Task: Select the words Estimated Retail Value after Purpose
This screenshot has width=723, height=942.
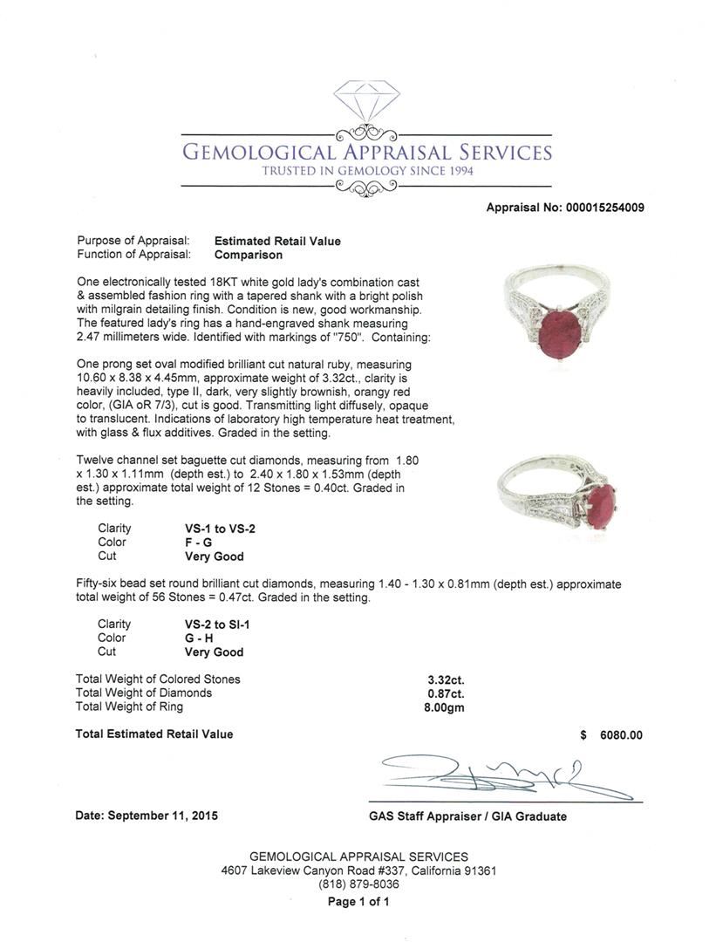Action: point(277,242)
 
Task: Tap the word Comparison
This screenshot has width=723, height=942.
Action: point(249,256)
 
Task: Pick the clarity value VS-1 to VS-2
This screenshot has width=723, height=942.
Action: point(215,529)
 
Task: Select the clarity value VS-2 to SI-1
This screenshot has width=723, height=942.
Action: point(214,625)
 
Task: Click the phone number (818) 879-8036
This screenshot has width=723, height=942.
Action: point(358,884)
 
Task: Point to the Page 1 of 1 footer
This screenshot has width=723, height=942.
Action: point(358,902)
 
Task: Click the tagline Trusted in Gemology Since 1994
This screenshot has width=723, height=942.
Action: point(367,172)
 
